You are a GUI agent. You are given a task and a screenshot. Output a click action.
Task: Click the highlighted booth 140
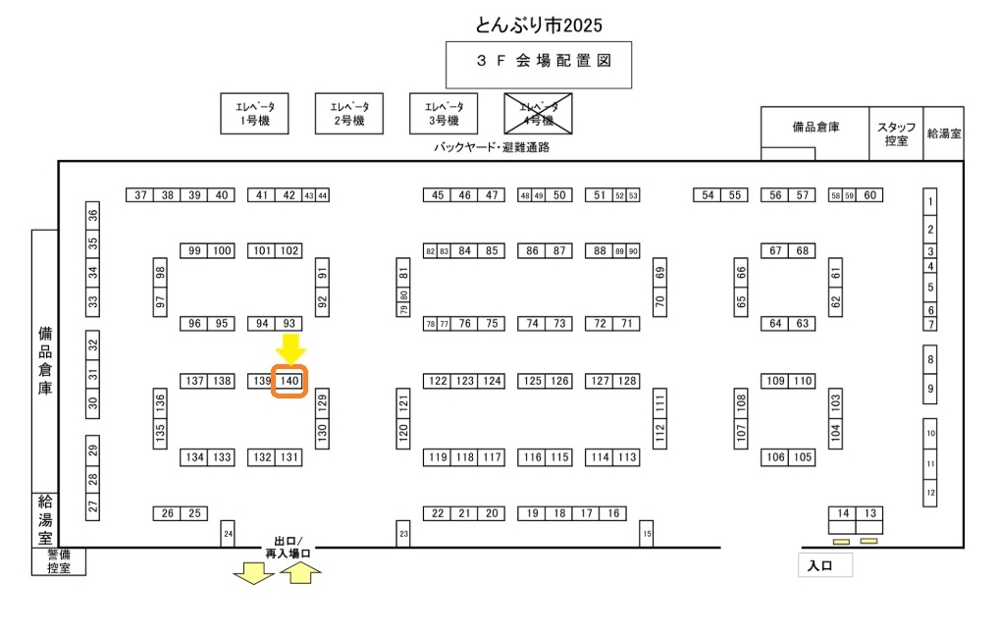(289, 381)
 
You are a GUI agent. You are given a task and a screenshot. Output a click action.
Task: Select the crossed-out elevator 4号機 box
(538, 114)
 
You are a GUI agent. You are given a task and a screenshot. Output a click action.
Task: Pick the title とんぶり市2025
(539, 24)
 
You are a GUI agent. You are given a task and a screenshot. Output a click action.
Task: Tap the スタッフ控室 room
(896, 133)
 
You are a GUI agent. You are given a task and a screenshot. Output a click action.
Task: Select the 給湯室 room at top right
(944, 133)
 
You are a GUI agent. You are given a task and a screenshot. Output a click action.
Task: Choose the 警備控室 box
(59, 561)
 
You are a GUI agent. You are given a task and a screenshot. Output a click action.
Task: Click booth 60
(869, 195)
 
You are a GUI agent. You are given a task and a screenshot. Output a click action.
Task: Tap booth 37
(140, 195)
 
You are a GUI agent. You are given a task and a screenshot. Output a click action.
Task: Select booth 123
(465, 381)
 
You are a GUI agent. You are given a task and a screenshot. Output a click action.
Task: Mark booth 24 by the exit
(228, 533)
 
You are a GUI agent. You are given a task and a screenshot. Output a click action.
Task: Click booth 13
(869, 513)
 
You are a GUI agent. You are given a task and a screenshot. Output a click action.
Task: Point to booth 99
(194, 251)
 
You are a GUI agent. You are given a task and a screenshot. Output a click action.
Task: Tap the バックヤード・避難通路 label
(492, 147)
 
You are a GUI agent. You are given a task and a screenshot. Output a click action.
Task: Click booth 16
(613, 513)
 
